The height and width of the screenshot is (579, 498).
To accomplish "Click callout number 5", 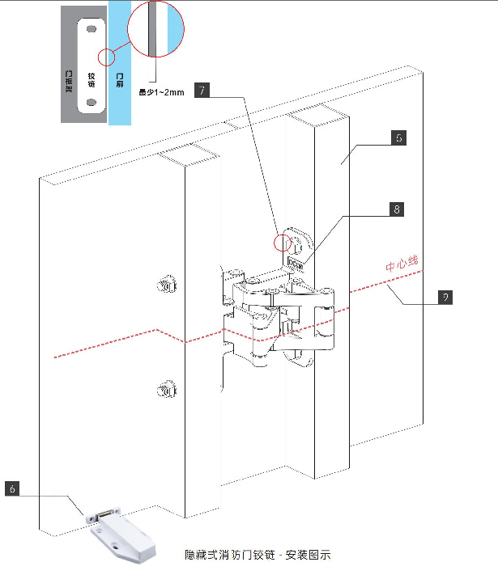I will [398, 138].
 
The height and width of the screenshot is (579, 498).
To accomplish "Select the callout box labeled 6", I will [13, 488].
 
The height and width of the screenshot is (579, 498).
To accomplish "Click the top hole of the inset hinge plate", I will [91, 29].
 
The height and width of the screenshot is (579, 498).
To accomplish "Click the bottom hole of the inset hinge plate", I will [91, 103].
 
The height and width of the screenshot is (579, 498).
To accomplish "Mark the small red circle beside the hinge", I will [284, 241].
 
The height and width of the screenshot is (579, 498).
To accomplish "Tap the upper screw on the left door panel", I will [167, 284].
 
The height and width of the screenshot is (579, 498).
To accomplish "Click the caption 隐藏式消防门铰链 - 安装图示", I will [258, 556].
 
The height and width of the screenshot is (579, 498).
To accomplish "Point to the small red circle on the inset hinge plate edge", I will [104, 57].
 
